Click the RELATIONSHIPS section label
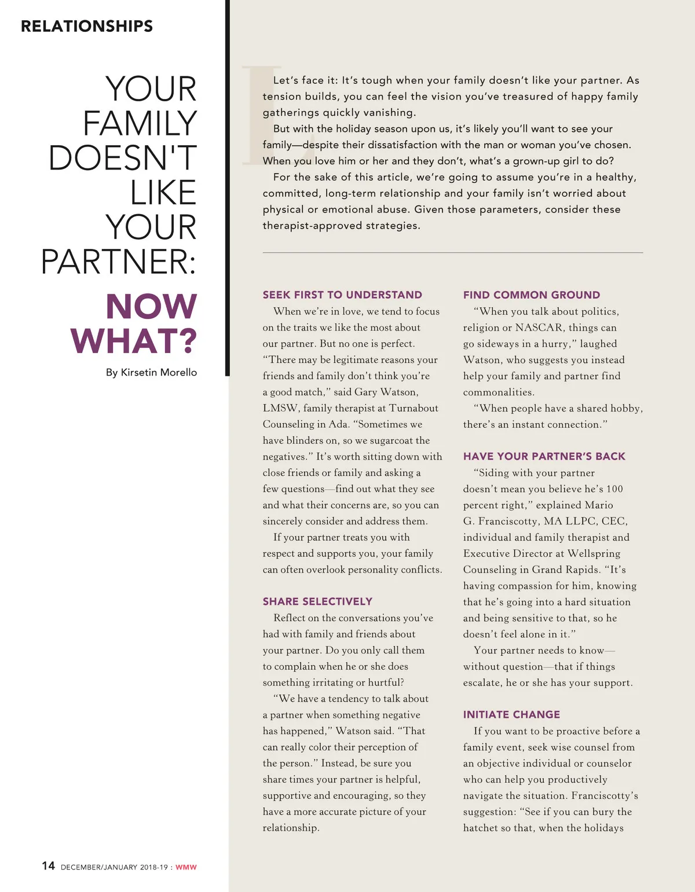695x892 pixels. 87,26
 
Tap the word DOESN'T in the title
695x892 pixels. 123,158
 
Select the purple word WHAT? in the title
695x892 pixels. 134,341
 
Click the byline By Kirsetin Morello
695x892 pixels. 151,372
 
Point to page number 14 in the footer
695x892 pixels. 48,866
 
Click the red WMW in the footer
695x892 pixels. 186,867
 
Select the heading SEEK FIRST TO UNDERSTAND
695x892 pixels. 342,295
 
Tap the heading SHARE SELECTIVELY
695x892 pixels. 317,601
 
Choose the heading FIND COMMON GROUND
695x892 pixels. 532,295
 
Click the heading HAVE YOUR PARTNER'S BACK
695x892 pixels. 544,456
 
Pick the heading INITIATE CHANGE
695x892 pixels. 511,714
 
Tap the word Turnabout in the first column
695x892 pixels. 414,408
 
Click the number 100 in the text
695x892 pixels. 614,489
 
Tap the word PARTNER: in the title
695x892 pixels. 119,262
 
